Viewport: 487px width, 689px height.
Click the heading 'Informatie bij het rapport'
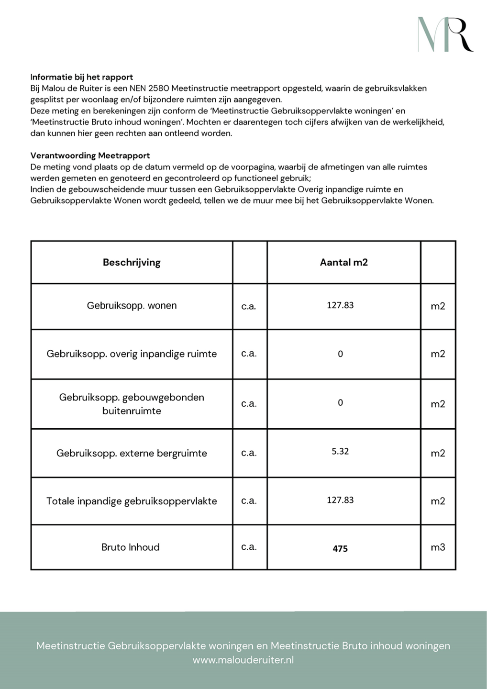(x=82, y=77)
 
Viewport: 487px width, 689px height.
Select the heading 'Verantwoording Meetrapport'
(x=90, y=156)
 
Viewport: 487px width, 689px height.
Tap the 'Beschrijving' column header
(x=132, y=262)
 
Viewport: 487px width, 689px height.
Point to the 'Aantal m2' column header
(x=343, y=262)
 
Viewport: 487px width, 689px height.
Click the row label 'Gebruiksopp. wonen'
(x=132, y=306)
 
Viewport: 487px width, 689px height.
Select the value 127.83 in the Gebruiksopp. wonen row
(x=340, y=305)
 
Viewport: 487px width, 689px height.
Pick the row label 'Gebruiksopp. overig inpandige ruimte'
(x=132, y=354)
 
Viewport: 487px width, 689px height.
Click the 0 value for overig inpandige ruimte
(x=340, y=354)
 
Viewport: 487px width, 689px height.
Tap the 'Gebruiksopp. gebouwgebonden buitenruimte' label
(x=132, y=404)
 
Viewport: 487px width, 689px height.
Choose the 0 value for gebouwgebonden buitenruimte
(x=340, y=403)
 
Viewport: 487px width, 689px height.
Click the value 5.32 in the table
(x=340, y=451)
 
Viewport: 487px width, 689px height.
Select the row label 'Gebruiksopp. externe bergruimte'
(x=132, y=453)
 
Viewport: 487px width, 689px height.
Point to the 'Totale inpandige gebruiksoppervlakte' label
(x=132, y=501)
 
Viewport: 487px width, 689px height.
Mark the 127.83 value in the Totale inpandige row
(x=340, y=500)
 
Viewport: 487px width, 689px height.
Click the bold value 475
(x=340, y=549)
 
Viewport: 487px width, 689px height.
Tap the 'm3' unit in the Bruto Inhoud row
(x=438, y=547)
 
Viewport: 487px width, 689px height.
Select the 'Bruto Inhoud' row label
(x=131, y=547)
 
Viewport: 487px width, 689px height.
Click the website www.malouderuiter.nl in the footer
(x=243, y=660)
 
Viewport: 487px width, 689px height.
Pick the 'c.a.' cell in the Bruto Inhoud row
(x=249, y=547)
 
